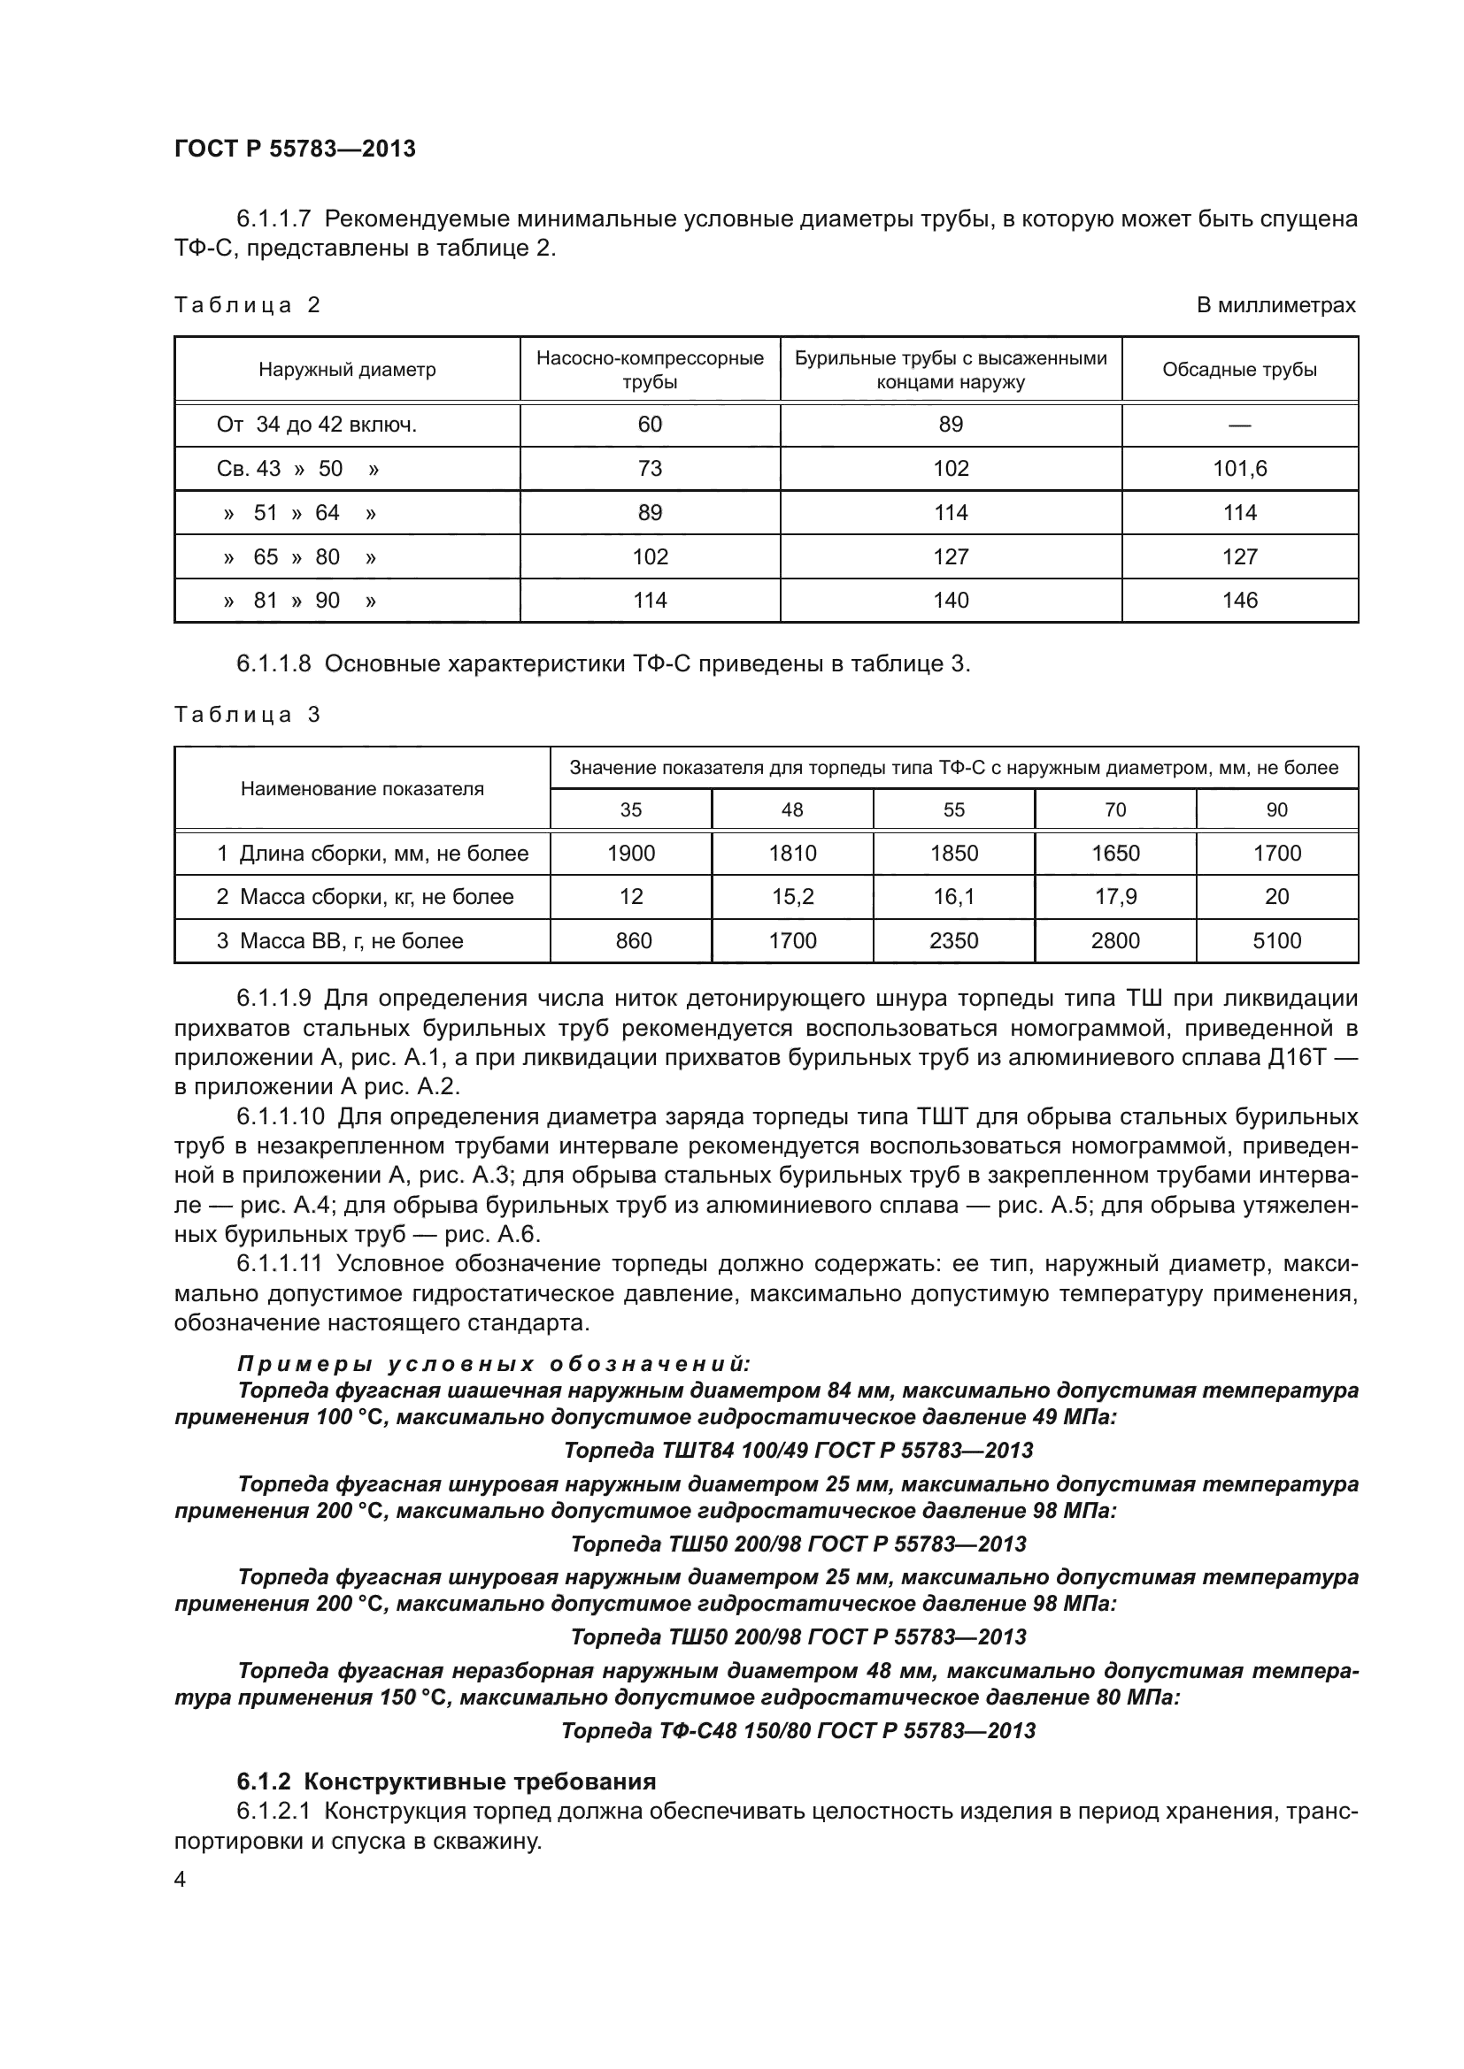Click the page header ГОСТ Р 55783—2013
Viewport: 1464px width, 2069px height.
click(x=295, y=149)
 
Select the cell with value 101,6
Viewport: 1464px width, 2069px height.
click(x=1239, y=469)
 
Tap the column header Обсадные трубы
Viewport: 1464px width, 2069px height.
click(x=1239, y=370)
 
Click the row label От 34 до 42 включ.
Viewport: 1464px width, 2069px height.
click(x=316, y=425)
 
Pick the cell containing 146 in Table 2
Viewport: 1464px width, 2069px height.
click(x=1239, y=600)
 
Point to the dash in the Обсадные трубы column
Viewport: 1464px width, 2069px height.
click(x=1239, y=425)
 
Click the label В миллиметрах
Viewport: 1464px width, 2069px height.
click(x=1275, y=305)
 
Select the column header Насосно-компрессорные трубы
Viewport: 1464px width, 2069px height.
click(x=649, y=370)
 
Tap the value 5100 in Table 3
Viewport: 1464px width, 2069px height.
click(x=1276, y=941)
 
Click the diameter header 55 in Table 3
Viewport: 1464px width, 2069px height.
click(x=954, y=809)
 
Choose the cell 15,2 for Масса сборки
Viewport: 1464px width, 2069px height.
click(x=792, y=897)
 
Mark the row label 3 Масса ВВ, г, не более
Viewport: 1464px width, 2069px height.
click(x=340, y=941)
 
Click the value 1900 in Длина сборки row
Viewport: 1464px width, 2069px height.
click(x=631, y=853)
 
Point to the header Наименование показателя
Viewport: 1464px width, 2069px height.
click(x=361, y=788)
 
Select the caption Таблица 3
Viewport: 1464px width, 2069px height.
click(x=247, y=715)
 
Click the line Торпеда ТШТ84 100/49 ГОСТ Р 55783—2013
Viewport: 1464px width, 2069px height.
click(x=797, y=1450)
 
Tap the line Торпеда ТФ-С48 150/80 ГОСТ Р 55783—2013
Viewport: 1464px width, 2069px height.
click(x=797, y=1730)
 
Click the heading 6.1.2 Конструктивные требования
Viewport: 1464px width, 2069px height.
click(x=446, y=1782)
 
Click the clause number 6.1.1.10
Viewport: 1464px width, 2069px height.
click(x=281, y=1117)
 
